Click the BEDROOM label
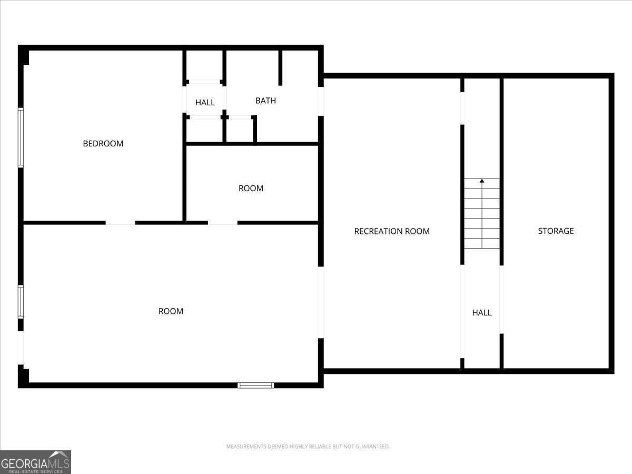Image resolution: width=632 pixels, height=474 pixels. click(103, 144)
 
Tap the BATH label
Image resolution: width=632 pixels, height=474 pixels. click(265, 101)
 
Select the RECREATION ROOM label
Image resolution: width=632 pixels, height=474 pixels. click(392, 231)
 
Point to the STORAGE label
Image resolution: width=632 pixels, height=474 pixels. click(556, 231)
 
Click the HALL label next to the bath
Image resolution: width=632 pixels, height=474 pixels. click(205, 103)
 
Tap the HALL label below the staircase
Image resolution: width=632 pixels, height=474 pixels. click(481, 313)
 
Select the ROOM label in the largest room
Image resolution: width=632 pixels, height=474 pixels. click(171, 311)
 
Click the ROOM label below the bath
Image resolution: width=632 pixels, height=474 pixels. click(251, 189)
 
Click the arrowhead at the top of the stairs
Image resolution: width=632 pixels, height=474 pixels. click(482, 181)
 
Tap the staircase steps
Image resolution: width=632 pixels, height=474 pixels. click(482, 216)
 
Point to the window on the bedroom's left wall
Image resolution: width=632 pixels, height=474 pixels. click(21, 137)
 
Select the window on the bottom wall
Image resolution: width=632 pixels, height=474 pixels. click(256, 385)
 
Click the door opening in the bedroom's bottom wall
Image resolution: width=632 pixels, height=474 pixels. click(120, 223)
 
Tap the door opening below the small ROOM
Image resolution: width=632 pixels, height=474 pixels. click(222, 223)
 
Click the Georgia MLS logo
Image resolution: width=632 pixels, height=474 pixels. click(35, 462)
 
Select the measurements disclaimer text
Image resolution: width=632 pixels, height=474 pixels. click(308, 447)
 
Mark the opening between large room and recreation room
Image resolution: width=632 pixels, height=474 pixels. click(321, 302)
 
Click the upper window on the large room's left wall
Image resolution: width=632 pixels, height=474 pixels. click(21, 302)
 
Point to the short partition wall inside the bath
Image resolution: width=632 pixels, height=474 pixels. click(280, 67)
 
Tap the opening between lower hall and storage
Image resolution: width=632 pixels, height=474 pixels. click(501, 299)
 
